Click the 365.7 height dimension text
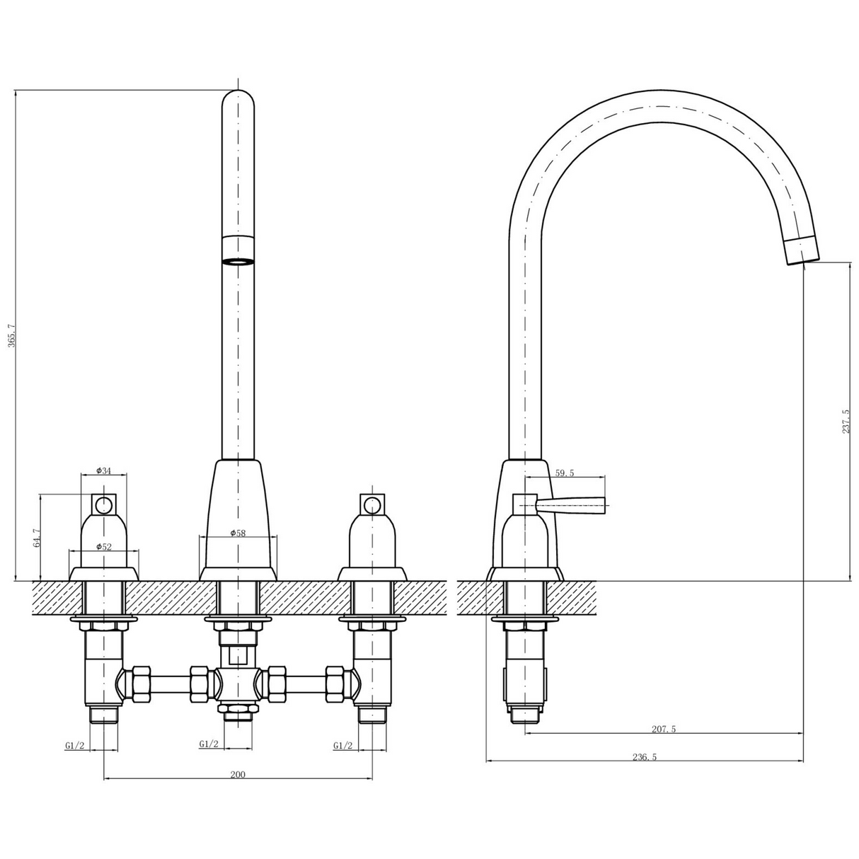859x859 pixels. (10, 335)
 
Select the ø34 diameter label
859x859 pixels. (104, 471)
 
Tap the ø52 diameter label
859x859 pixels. (104, 547)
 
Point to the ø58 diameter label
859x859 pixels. (238, 533)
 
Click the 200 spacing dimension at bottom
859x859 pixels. (238, 774)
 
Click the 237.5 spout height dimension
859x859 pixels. (846, 422)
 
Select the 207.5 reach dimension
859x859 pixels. (663, 729)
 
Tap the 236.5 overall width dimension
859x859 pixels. (645, 756)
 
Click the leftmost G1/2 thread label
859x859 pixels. (75, 745)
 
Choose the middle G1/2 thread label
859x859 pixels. (209, 744)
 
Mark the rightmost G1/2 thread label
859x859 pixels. (342, 745)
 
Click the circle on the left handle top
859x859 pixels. (104, 505)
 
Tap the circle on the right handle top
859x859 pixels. (371, 505)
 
